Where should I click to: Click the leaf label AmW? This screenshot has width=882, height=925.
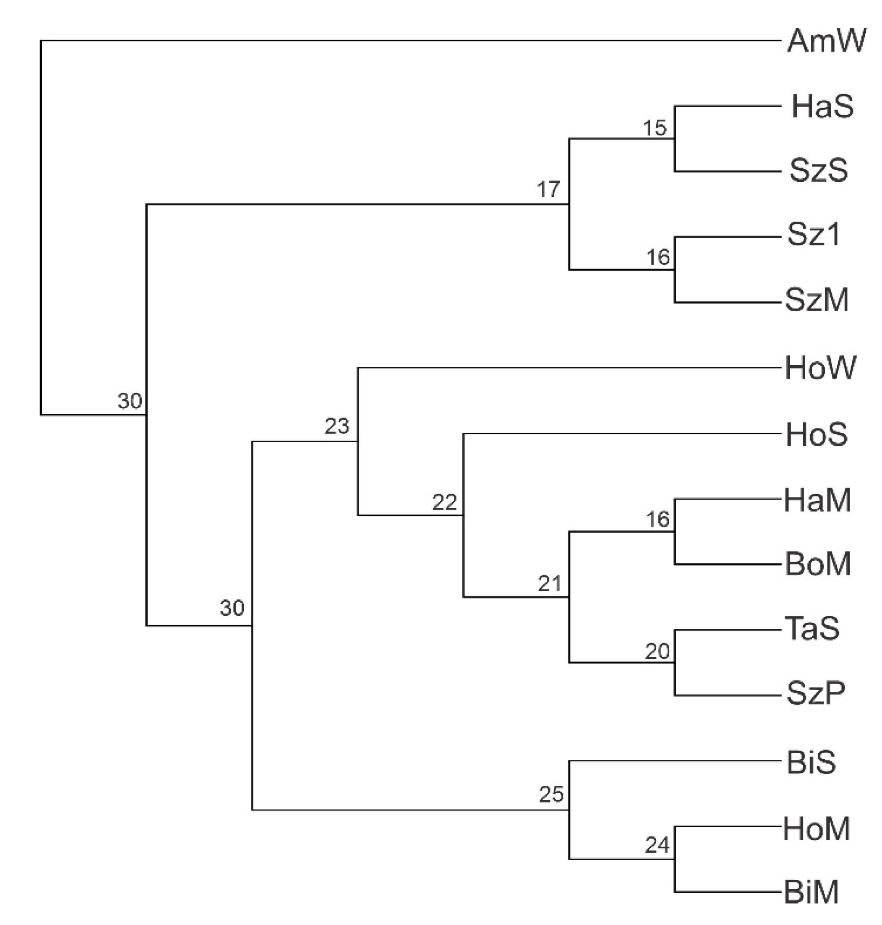826,41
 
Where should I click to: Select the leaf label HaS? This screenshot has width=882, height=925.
822,107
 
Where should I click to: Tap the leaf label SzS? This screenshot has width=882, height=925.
819,171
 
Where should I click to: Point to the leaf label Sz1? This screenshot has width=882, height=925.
814,234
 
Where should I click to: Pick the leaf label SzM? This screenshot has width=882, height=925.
817,300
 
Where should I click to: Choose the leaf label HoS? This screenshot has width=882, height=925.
817,435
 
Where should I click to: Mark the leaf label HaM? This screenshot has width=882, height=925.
817,500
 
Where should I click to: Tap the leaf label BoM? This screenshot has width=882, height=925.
818,564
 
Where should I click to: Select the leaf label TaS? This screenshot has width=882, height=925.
812,629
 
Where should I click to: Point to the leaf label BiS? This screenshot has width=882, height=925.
811,763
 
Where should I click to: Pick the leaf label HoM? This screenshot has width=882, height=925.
817,829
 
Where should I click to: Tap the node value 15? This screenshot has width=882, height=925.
655,128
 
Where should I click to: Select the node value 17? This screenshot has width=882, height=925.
548,190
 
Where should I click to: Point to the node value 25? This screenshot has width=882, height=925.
551,795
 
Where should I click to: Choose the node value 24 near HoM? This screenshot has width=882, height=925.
657,845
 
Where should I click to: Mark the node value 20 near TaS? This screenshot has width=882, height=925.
657,652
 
